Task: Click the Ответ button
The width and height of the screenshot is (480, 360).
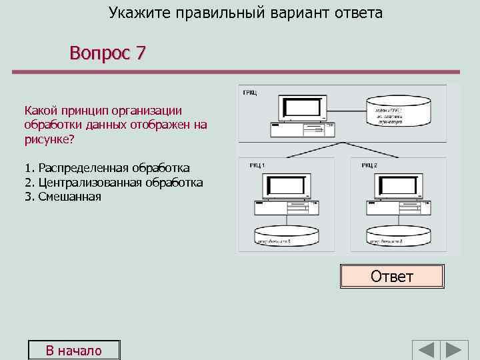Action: (x=392, y=276)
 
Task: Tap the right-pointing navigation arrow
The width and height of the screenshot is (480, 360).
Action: (x=456, y=351)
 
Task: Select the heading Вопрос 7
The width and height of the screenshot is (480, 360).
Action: (x=107, y=53)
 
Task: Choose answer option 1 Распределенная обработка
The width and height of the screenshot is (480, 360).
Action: (x=107, y=167)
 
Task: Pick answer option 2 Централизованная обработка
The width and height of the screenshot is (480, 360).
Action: (x=113, y=182)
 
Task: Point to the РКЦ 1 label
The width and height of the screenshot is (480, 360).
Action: (x=257, y=165)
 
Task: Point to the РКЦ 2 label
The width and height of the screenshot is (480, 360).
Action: (x=369, y=165)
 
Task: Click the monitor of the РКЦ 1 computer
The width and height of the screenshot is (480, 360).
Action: (x=287, y=186)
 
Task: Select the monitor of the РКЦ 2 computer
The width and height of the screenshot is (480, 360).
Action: (x=398, y=186)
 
